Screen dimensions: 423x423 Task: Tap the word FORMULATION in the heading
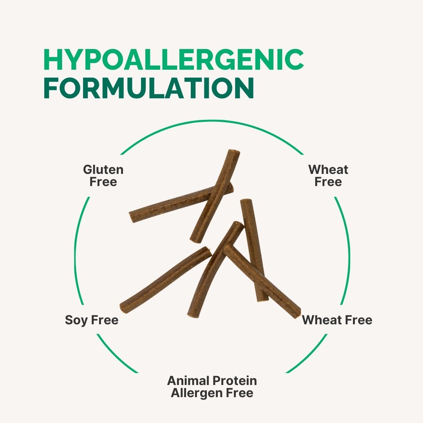click(x=149, y=88)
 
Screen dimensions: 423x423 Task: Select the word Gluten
click(x=103, y=170)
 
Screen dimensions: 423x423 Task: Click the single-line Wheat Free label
click(x=337, y=320)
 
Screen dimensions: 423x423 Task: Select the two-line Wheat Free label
click(x=328, y=175)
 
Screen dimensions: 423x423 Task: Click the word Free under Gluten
click(x=103, y=182)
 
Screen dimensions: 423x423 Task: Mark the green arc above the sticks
click(x=211, y=121)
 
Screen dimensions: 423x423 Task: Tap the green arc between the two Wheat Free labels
click(x=347, y=251)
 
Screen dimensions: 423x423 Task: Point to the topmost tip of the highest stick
click(x=234, y=151)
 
